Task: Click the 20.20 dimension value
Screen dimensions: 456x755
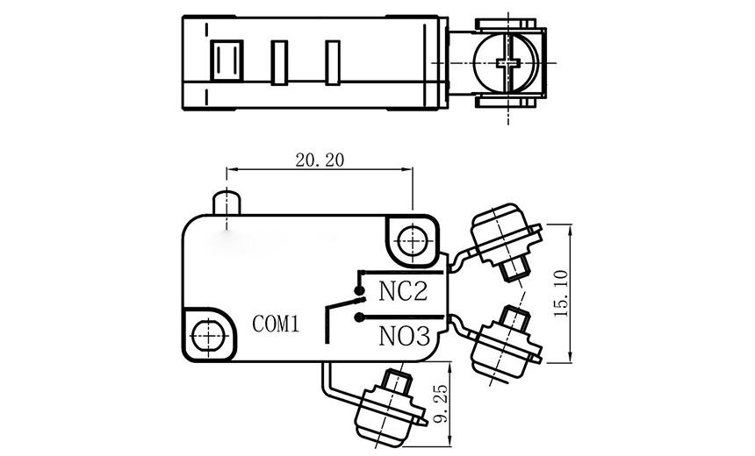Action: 320,160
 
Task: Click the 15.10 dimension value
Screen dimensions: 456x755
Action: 562,293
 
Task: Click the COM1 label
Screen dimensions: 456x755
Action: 277,324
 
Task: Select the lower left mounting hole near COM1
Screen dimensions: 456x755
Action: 208,333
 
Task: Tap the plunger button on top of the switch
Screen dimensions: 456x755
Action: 226,201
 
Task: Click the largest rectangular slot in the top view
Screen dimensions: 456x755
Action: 226,63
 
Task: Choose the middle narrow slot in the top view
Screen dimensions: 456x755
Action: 280,63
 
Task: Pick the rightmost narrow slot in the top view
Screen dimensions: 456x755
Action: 333,63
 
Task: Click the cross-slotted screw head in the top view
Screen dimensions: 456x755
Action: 508,61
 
